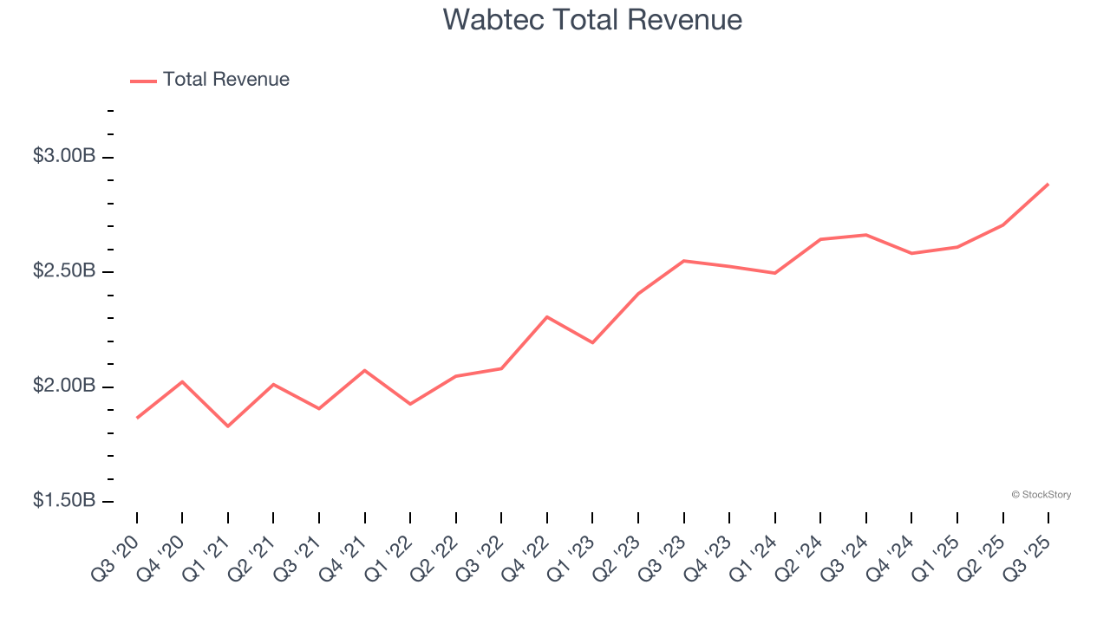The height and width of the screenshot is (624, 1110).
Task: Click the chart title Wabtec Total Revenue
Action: (592, 20)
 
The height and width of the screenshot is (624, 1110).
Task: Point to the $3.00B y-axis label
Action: (64, 157)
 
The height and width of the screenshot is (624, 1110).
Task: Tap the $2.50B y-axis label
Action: (64, 271)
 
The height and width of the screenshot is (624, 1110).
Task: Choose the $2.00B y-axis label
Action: (64, 386)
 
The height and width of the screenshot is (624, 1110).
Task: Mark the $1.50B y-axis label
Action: (64, 501)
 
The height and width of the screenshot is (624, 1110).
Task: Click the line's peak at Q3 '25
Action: (1048, 185)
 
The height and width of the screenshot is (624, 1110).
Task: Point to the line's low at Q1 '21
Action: (228, 426)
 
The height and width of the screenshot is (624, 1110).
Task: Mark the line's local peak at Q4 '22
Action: (547, 317)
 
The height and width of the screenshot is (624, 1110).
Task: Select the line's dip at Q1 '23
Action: (592, 342)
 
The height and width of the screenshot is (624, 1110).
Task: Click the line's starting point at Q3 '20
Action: (137, 418)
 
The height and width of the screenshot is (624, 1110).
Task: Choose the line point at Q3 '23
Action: (683, 261)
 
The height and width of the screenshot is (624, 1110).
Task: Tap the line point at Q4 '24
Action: (911, 253)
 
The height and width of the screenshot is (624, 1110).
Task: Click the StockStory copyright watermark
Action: (1041, 495)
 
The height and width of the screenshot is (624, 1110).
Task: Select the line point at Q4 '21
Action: (364, 370)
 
